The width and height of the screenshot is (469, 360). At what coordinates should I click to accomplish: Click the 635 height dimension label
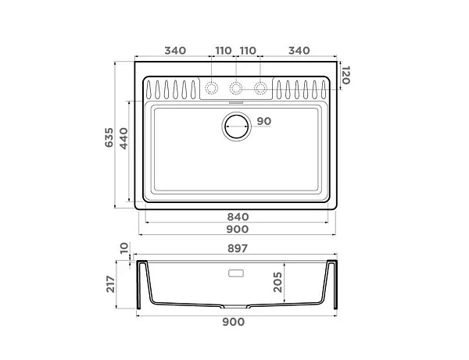[109, 137]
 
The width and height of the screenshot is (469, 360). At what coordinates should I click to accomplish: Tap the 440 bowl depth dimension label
[124, 138]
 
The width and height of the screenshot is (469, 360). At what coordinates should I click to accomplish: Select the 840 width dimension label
[238, 216]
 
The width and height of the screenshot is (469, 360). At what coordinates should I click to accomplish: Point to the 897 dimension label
[238, 248]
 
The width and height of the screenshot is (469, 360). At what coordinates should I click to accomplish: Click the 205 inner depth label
[277, 282]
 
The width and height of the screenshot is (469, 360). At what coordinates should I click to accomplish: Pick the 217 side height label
[110, 284]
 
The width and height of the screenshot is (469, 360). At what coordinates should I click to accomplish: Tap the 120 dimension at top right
[345, 75]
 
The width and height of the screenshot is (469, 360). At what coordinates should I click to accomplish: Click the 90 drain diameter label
[264, 121]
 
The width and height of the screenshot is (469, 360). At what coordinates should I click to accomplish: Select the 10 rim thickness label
[124, 248]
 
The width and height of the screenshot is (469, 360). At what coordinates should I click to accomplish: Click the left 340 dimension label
[175, 51]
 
